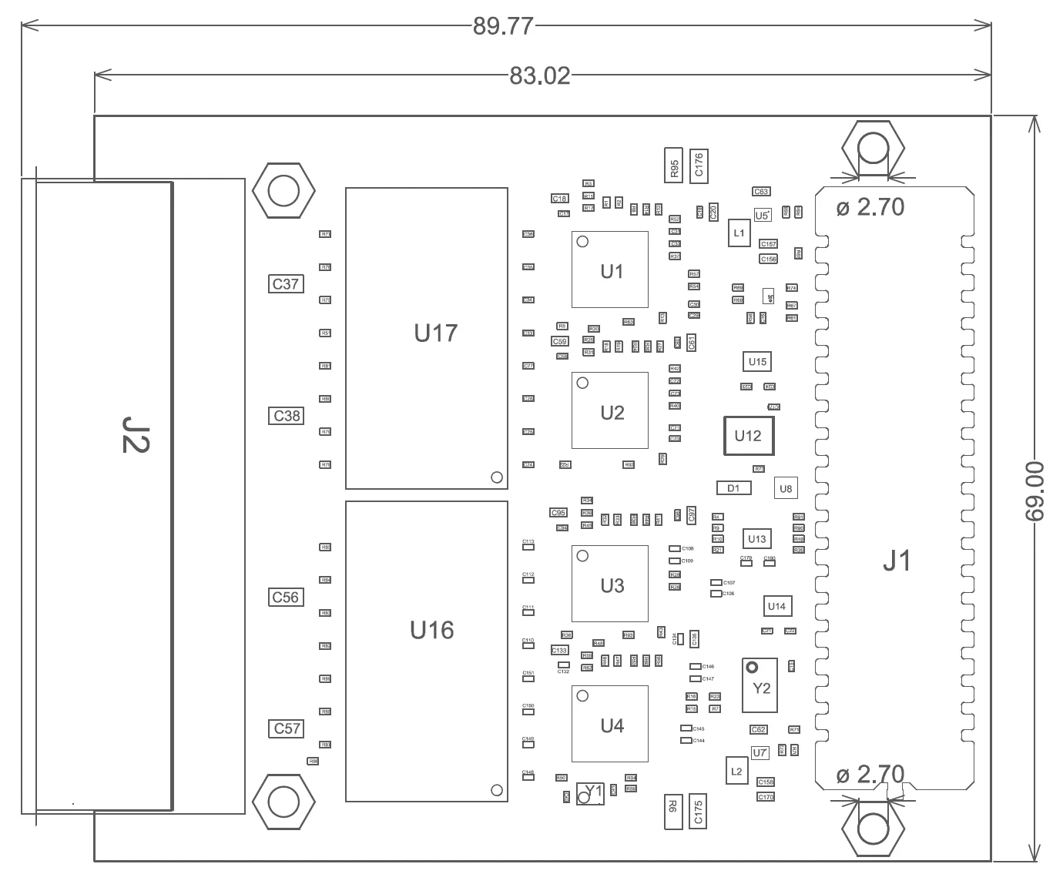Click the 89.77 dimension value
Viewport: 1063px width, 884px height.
click(x=503, y=26)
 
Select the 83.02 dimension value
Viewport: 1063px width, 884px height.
click(x=539, y=75)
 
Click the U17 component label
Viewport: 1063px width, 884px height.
click(x=435, y=333)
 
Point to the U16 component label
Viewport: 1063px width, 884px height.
click(x=431, y=631)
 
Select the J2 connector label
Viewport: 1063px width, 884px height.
click(x=136, y=434)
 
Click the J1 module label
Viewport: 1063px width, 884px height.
click(x=896, y=561)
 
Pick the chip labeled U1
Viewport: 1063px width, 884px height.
click(x=610, y=270)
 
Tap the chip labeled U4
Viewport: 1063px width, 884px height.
click(x=610, y=725)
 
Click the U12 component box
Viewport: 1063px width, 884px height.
click(x=748, y=436)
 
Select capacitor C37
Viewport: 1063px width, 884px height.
click(x=285, y=284)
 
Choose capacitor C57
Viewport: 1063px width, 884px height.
click(x=285, y=728)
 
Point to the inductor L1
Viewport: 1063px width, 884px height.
click(x=739, y=233)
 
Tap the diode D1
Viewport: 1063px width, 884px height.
click(x=733, y=488)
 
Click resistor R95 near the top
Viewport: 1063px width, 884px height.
click(x=674, y=166)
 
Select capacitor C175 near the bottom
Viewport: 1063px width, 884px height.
click(x=699, y=812)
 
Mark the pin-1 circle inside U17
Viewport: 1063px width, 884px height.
click(x=497, y=477)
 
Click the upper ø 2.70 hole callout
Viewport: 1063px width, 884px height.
click(x=870, y=207)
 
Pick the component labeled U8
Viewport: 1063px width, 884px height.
click(x=785, y=488)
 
